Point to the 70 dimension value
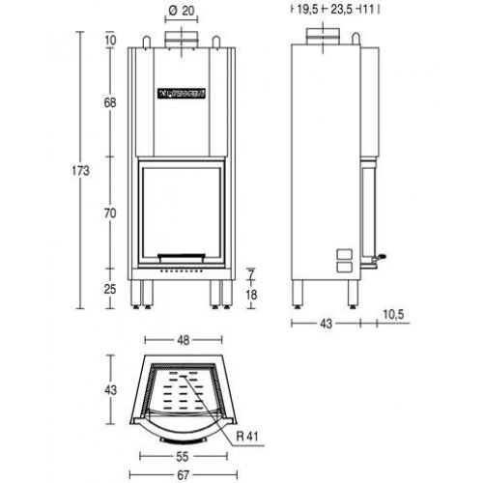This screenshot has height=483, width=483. point(113,212)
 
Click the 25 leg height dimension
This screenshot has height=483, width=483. point(113,289)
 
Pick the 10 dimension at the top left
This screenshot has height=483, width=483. point(113,41)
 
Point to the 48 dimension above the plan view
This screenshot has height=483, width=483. point(184,340)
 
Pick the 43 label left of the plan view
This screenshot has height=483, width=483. point(111,391)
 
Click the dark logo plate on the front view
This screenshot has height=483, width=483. point(184,93)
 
